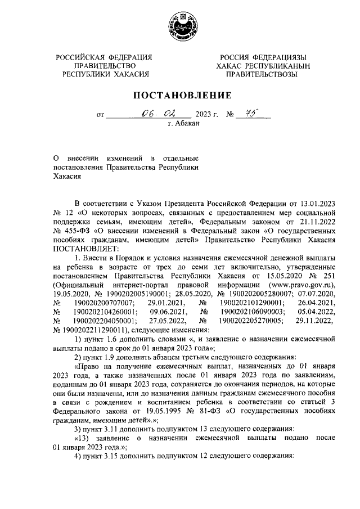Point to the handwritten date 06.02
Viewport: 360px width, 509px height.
pyautogui.click(x=151, y=114)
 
